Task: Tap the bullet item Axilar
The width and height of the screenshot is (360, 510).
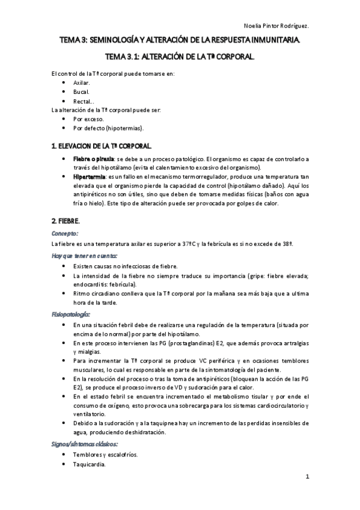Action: (81, 82)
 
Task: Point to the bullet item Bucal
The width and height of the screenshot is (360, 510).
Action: (81, 91)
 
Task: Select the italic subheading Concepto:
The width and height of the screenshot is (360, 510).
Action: (66, 233)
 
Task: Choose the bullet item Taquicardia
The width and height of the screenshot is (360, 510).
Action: (90, 465)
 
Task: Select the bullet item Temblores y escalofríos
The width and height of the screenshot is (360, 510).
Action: (105, 455)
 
